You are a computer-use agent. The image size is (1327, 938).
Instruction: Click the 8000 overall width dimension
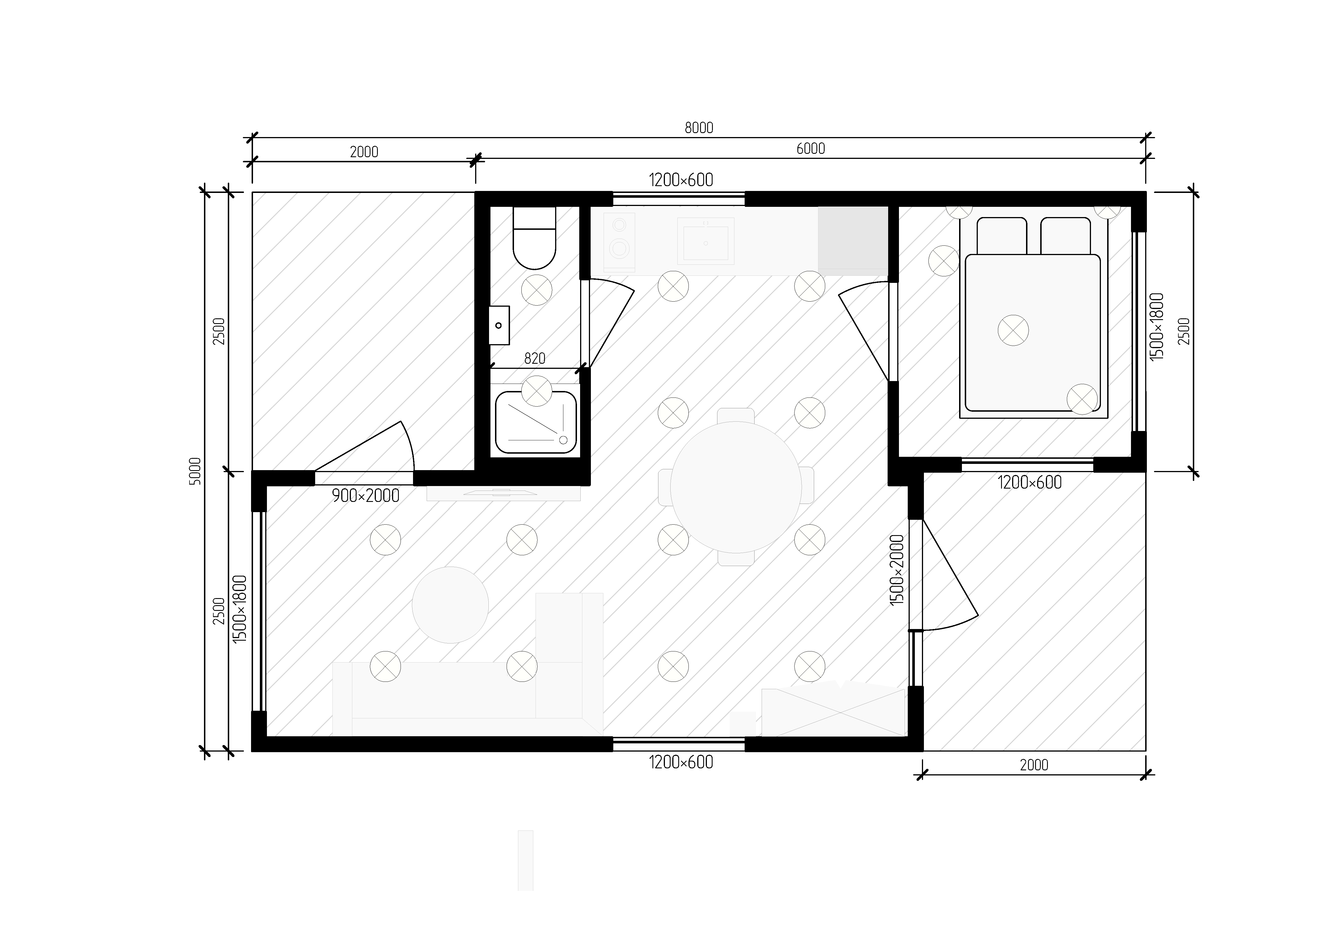(x=699, y=128)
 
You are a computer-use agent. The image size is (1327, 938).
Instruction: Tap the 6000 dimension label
(x=810, y=149)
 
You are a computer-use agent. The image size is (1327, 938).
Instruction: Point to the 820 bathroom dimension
(x=535, y=358)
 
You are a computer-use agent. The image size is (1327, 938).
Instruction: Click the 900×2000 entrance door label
(x=365, y=495)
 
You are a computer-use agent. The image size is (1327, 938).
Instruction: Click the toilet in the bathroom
(x=535, y=237)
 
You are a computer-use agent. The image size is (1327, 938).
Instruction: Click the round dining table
(x=736, y=487)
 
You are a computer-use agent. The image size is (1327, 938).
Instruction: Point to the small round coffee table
(x=450, y=605)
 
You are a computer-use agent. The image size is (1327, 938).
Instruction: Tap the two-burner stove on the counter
(x=619, y=242)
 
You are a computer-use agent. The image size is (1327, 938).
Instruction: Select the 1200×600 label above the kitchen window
(x=681, y=180)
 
